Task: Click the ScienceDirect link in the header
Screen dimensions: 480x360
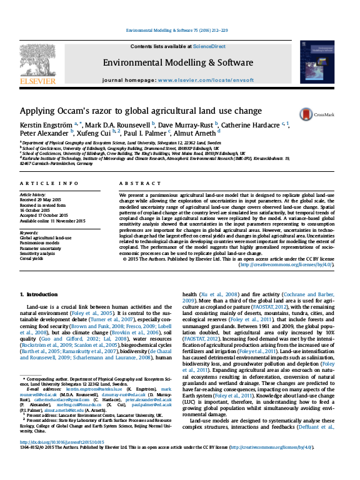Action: [209, 46]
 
